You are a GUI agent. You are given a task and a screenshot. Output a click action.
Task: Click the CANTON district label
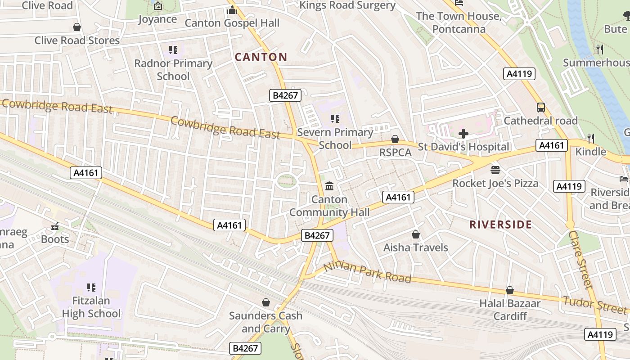coord(261,57)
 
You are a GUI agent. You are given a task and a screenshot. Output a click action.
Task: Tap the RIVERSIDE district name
coord(500,225)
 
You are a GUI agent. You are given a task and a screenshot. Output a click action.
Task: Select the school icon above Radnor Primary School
coord(173,50)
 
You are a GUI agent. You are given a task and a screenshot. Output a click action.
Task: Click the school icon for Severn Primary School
coord(335,119)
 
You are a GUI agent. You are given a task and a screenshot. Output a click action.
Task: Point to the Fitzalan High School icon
coord(91,287)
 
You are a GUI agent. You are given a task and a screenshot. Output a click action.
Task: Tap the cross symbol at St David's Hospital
coord(463,134)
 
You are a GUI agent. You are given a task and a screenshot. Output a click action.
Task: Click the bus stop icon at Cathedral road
coord(541,108)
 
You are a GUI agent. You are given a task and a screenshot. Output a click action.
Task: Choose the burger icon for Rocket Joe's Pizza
coord(495,170)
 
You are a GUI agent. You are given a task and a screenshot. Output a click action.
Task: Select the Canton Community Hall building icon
coord(329,186)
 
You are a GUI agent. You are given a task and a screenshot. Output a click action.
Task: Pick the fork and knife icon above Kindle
coord(591,138)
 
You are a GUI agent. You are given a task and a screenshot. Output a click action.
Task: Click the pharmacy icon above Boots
coord(55,226)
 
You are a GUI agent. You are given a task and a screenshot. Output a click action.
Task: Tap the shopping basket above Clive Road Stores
coord(77,27)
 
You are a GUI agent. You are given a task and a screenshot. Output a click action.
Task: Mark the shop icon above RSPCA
coord(395,139)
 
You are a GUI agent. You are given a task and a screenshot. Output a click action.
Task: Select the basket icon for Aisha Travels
coord(416,234)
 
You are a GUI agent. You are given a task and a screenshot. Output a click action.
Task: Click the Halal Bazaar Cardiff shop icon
coord(510,290)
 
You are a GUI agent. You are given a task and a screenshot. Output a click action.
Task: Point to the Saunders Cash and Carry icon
coord(266,302)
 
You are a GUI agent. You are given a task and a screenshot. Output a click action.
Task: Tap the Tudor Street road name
coord(595,305)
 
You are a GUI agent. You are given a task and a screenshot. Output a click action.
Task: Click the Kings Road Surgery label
coord(347,5)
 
